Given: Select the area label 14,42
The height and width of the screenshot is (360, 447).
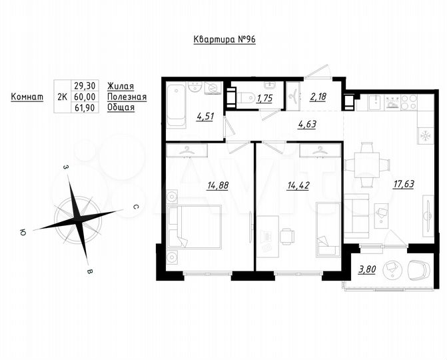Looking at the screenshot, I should point(297,185).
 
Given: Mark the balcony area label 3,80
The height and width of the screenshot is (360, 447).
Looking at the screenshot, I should point(366,269).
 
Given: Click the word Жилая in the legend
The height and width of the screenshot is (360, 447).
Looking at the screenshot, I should point(121,86).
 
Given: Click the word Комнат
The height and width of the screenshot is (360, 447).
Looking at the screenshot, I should point(27,97).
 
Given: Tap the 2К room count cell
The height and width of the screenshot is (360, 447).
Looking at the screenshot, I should point(62,97).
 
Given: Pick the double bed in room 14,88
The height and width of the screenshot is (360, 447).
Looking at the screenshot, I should point(197,227).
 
